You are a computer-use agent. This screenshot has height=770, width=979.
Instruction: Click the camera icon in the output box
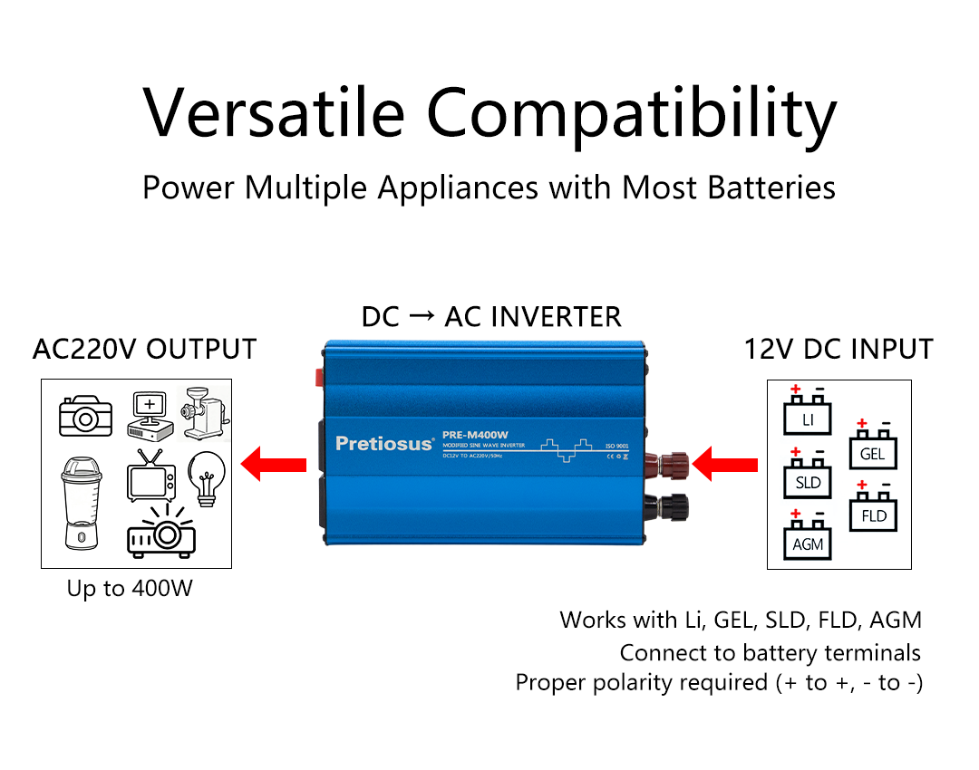pos(85,416)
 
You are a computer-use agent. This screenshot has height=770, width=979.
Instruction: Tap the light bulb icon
pos(206,475)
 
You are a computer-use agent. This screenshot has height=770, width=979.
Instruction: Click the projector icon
pos(160,534)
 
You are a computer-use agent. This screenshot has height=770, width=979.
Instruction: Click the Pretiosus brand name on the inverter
pos(384,443)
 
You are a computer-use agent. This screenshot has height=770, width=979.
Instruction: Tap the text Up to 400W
pos(130,589)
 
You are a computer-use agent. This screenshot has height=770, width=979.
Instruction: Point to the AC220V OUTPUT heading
pos(144,349)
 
